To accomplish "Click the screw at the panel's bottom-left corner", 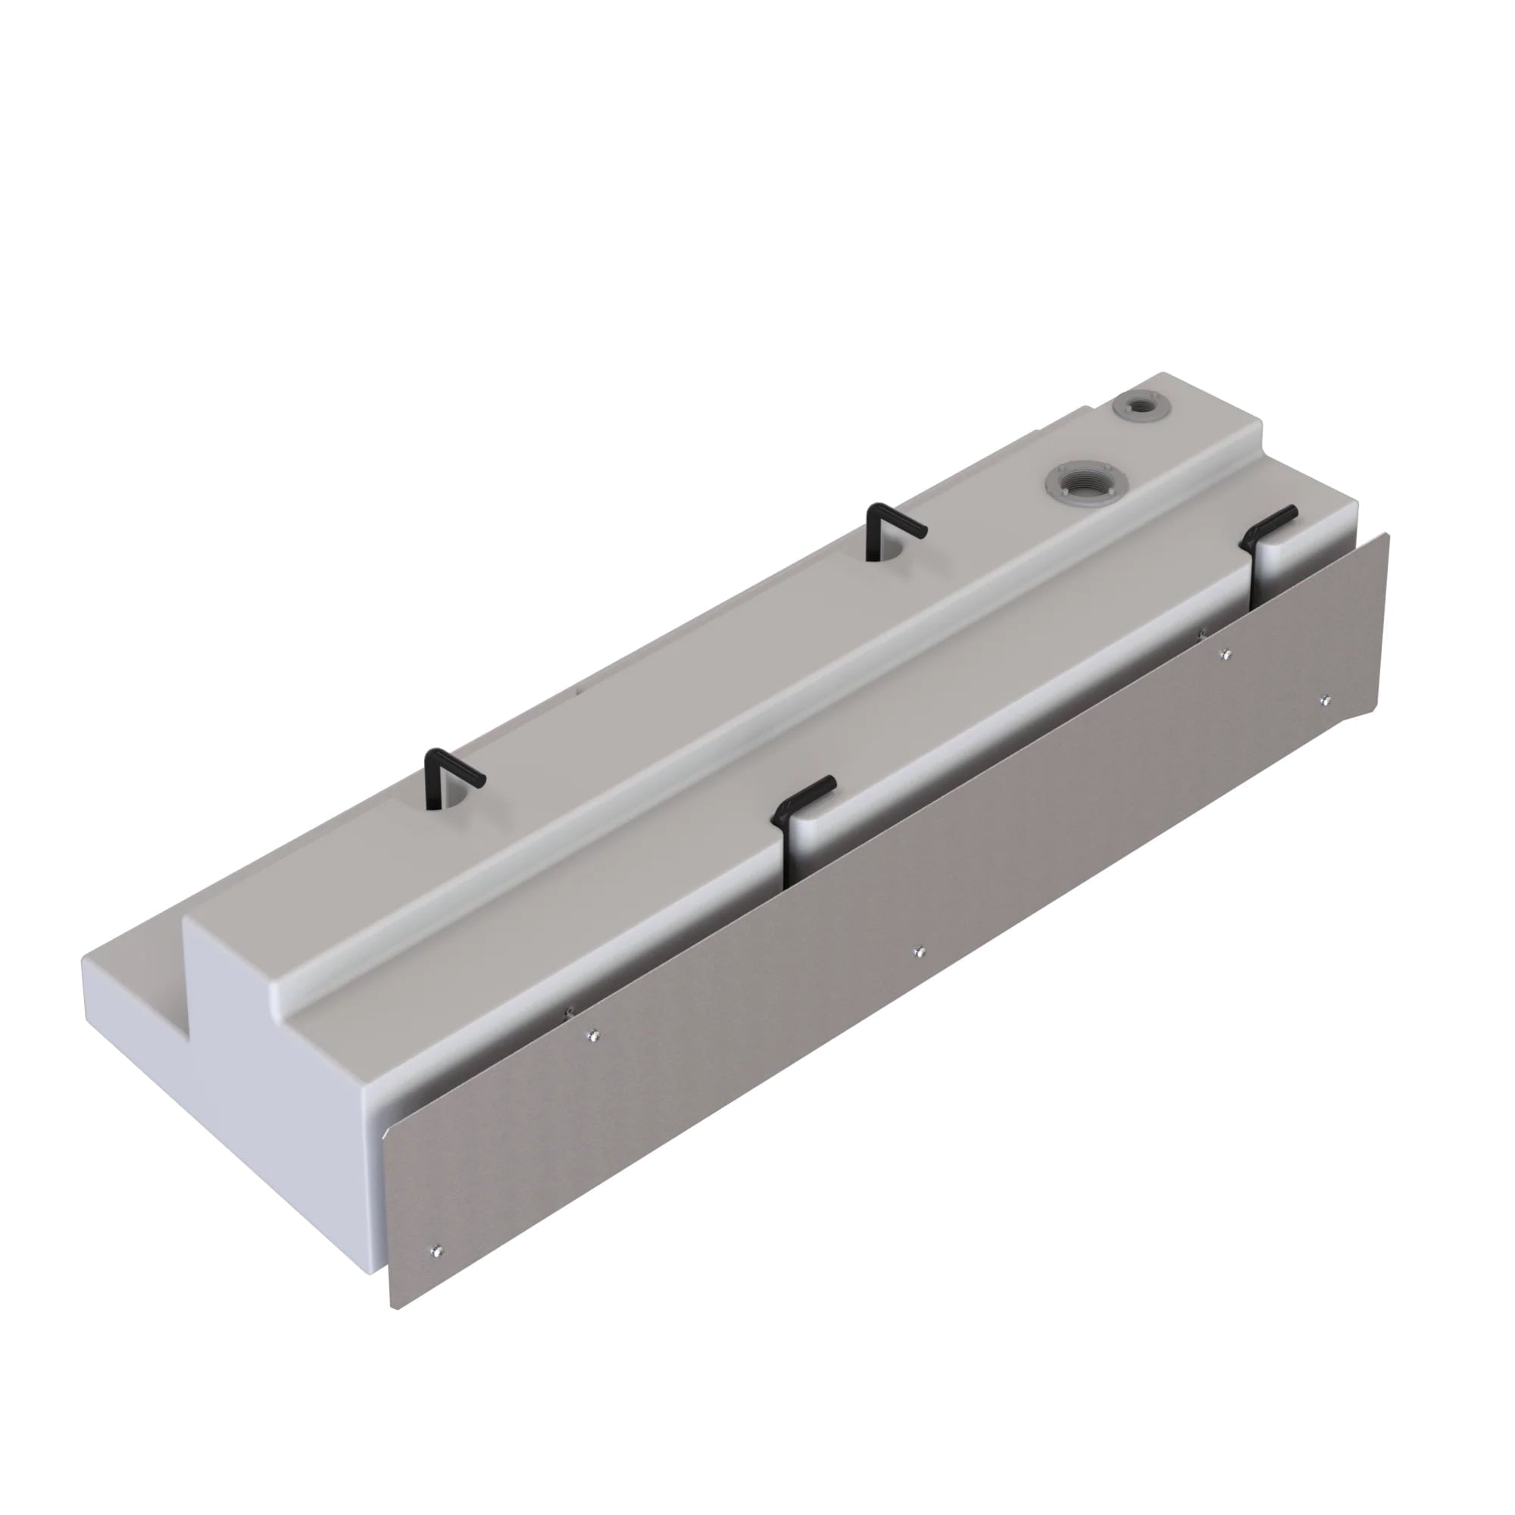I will [x=438, y=1250].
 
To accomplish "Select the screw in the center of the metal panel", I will [x=919, y=952].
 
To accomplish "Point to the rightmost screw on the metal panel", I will [x=1324, y=699].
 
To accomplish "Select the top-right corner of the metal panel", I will [x=1387, y=535].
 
